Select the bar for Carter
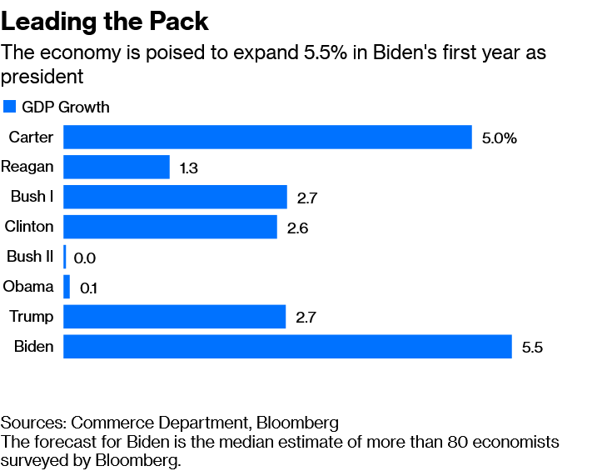tap(267, 137)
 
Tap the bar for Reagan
tap(117, 167)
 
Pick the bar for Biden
tap(287, 347)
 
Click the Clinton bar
tap(170, 227)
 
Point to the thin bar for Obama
tap(67, 287)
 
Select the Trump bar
tap(175, 317)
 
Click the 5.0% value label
tap(500, 138)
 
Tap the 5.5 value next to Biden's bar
tap(532, 348)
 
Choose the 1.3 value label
tap(189, 168)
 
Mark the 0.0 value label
tap(85, 258)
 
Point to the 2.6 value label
tap(297, 228)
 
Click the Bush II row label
tap(30, 257)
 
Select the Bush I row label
tap(32, 197)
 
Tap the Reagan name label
tap(27, 167)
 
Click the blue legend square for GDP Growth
tap(10, 107)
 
